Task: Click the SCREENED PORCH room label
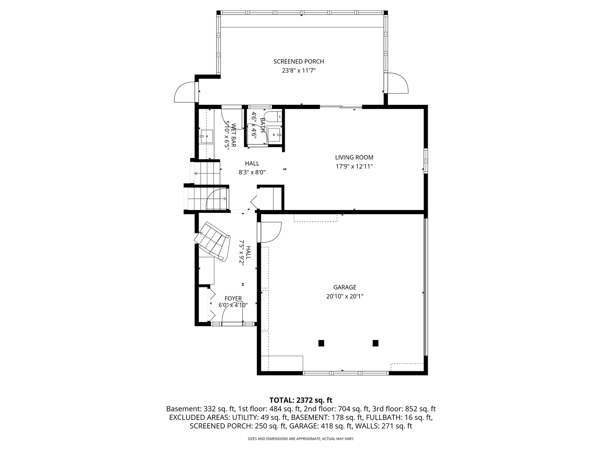click(298, 62)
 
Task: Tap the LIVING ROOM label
click(354, 157)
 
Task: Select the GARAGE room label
click(345, 287)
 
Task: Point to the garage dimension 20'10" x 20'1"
click(345, 296)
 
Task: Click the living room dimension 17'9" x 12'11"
click(354, 167)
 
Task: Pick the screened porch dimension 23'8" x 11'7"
click(298, 71)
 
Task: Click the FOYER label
click(233, 299)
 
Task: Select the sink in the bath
click(274, 134)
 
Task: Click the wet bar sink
click(206, 135)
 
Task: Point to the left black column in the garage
click(321, 343)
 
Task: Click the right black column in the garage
click(375, 343)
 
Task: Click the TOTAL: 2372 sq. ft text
click(301, 400)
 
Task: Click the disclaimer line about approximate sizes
click(301, 439)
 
